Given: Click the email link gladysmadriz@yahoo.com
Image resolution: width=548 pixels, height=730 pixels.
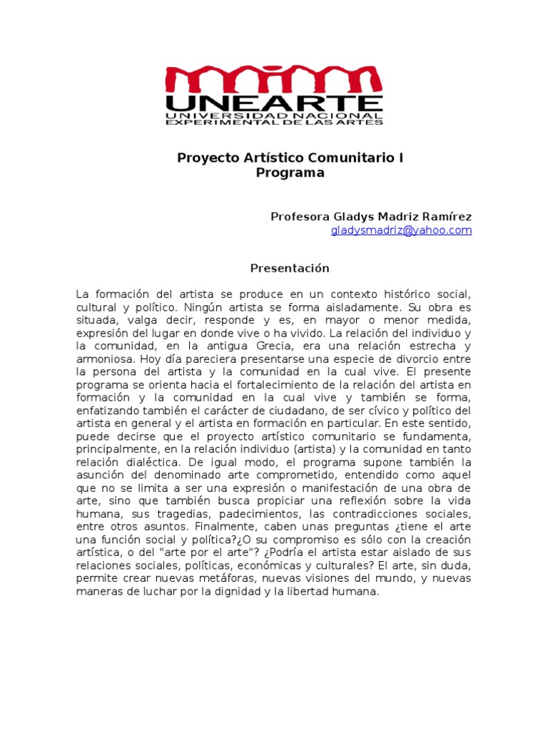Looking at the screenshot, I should (401, 230).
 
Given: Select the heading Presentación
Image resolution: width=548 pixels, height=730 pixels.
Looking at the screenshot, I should (290, 268).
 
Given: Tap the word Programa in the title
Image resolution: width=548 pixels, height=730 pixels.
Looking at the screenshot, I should (290, 173).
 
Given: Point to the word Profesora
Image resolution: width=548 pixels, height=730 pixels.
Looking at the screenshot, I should (298, 216).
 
